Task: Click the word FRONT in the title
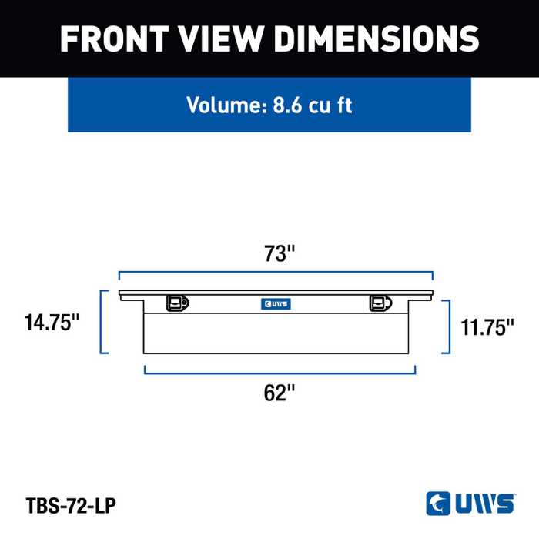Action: pos(115,38)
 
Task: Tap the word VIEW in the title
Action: pos(222,38)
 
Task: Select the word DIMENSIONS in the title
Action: pos(377,38)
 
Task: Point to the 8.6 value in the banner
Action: pos(288,105)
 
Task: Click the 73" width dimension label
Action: pos(280,253)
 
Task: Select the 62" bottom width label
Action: pos(280,393)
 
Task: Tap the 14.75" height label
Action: pos(52,323)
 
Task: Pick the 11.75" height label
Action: pos(487,327)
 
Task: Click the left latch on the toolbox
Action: pos(178,303)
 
